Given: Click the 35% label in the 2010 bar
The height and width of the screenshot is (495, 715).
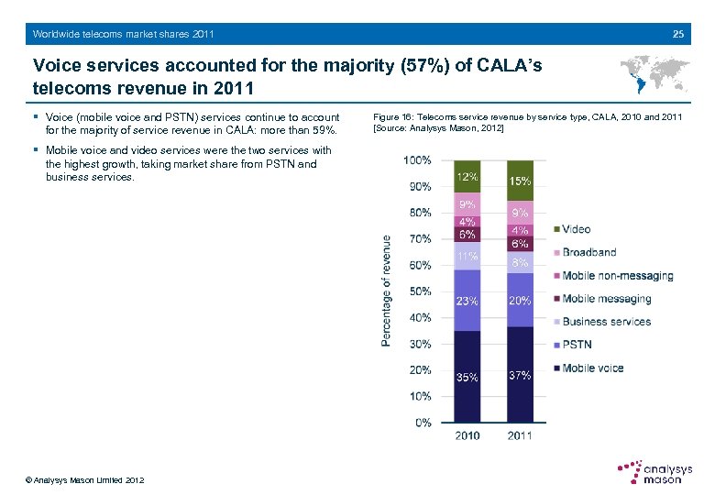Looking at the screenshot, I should [467, 378].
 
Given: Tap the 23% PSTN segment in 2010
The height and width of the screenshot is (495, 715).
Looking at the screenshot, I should [467, 300].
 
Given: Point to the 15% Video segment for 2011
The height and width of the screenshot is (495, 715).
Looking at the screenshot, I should [520, 181].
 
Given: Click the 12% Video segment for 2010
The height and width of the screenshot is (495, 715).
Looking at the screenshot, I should [467, 176].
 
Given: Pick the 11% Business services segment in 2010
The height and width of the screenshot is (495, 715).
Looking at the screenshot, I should [467, 257].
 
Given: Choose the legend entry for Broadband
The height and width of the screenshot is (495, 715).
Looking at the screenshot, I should [588, 252].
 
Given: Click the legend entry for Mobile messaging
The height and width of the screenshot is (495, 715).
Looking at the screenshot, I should [605, 299].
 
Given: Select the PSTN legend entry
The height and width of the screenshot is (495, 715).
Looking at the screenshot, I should [576, 345].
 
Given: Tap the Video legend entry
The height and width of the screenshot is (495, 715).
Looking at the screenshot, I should [575, 229].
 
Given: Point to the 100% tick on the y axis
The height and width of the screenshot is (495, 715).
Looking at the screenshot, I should [417, 159].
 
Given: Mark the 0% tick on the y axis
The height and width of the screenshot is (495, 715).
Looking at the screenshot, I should [423, 423].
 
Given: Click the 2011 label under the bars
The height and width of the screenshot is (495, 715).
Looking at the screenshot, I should [520, 435].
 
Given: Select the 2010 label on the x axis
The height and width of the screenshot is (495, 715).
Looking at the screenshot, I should [467, 435].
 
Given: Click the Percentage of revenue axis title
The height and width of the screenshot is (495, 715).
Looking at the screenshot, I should [387, 291].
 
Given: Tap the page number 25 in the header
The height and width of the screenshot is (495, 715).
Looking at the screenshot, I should [677, 34].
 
